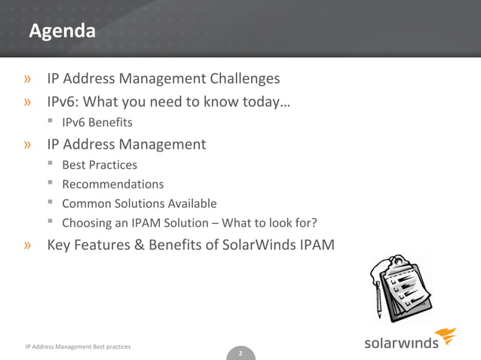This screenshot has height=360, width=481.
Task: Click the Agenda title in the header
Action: point(63,32)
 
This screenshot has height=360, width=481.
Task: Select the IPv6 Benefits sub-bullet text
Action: point(97,122)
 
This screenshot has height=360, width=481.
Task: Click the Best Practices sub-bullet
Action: point(100,164)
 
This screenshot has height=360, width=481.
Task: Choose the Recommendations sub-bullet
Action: point(112,184)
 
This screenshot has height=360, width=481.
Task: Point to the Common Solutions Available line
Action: point(139,203)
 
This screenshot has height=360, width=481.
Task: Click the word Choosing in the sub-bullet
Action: point(85,223)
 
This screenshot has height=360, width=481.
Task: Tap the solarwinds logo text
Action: point(401,342)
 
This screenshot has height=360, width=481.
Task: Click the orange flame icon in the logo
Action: point(448,336)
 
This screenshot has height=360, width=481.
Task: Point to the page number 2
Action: point(240,353)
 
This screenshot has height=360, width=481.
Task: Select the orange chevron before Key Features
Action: point(27,245)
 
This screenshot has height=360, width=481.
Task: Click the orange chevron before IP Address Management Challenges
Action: point(27,79)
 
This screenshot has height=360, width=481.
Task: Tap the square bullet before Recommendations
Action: point(49,183)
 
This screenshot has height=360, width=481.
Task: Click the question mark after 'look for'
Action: point(313,223)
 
